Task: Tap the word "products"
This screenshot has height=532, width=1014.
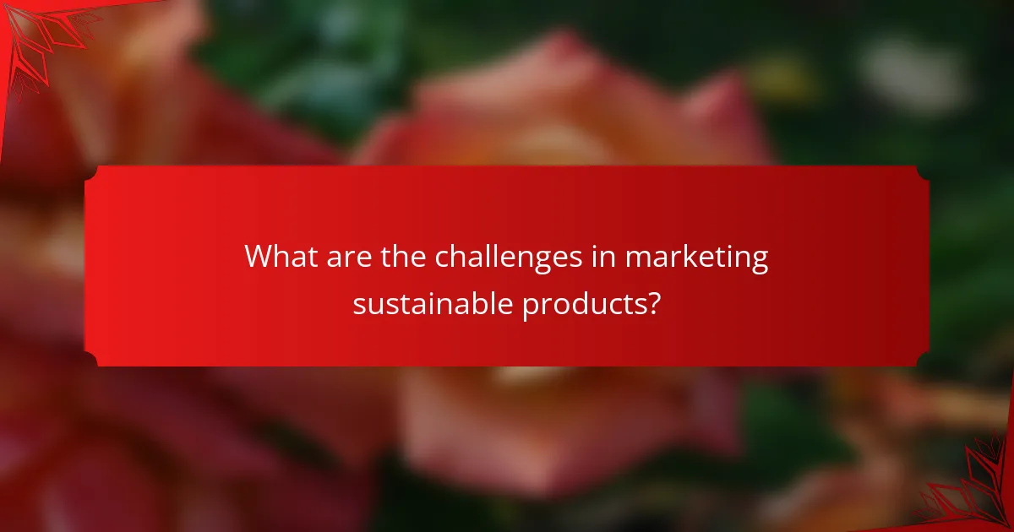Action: click(x=583, y=304)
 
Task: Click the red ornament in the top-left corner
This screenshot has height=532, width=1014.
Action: click(x=38, y=38)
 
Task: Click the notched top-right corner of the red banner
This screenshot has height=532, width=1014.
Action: click(x=922, y=172)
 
